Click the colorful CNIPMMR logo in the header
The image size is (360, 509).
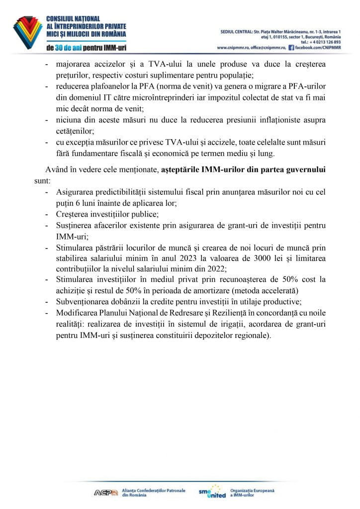tap(27, 32)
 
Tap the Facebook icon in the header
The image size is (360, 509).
tap(291, 48)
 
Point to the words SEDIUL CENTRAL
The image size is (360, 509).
tap(237, 32)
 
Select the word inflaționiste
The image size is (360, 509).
tap(271, 120)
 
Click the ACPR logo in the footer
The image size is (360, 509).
tap(106, 492)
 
